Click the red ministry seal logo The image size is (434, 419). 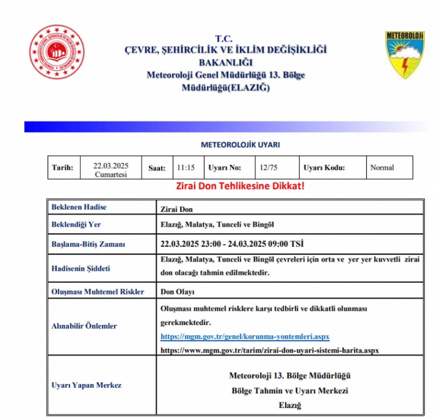[x=57, y=52]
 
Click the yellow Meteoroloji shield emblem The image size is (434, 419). [x=405, y=54]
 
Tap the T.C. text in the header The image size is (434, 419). [x=224, y=39]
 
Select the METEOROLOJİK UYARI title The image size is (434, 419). [x=240, y=145]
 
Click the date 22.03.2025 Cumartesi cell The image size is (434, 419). [x=111, y=169]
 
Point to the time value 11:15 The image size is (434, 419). [x=186, y=168]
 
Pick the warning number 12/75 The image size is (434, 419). [x=269, y=168]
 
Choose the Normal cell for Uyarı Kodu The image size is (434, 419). [x=382, y=168]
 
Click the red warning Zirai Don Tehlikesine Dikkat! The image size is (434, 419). [x=240, y=186]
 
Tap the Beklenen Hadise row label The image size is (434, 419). [x=79, y=207]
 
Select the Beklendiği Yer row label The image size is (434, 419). [x=76, y=224]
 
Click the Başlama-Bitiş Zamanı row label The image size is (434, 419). [x=88, y=244]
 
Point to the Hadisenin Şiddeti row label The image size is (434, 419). [x=81, y=268]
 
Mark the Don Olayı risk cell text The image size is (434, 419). [x=178, y=292]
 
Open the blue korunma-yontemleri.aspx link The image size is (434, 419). [x=245, y=337]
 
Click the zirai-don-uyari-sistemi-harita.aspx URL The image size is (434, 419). [x=270, y=351]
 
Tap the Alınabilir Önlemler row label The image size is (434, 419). [x=84, y=326]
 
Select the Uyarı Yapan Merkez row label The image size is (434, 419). [x=86, y=385]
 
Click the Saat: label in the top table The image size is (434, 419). [x=157, y=168]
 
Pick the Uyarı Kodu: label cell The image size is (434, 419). [x=324, y=168]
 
